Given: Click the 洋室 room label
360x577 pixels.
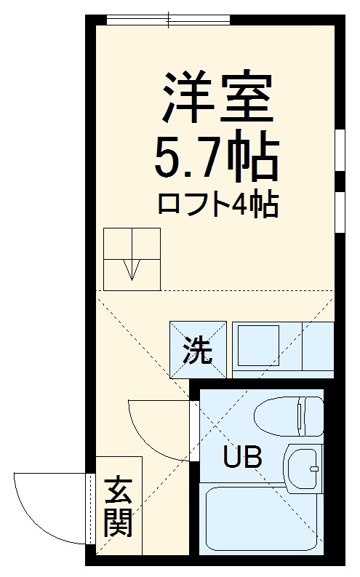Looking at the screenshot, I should point(216,98).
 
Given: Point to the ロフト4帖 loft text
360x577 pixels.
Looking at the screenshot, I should point(217,204).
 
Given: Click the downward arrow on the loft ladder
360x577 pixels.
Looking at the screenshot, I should point(131,269).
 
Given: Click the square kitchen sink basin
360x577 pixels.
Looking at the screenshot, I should point(257,348).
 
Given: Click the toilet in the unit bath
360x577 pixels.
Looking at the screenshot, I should point(281,417).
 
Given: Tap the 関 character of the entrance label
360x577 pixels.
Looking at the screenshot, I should point(117,524).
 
